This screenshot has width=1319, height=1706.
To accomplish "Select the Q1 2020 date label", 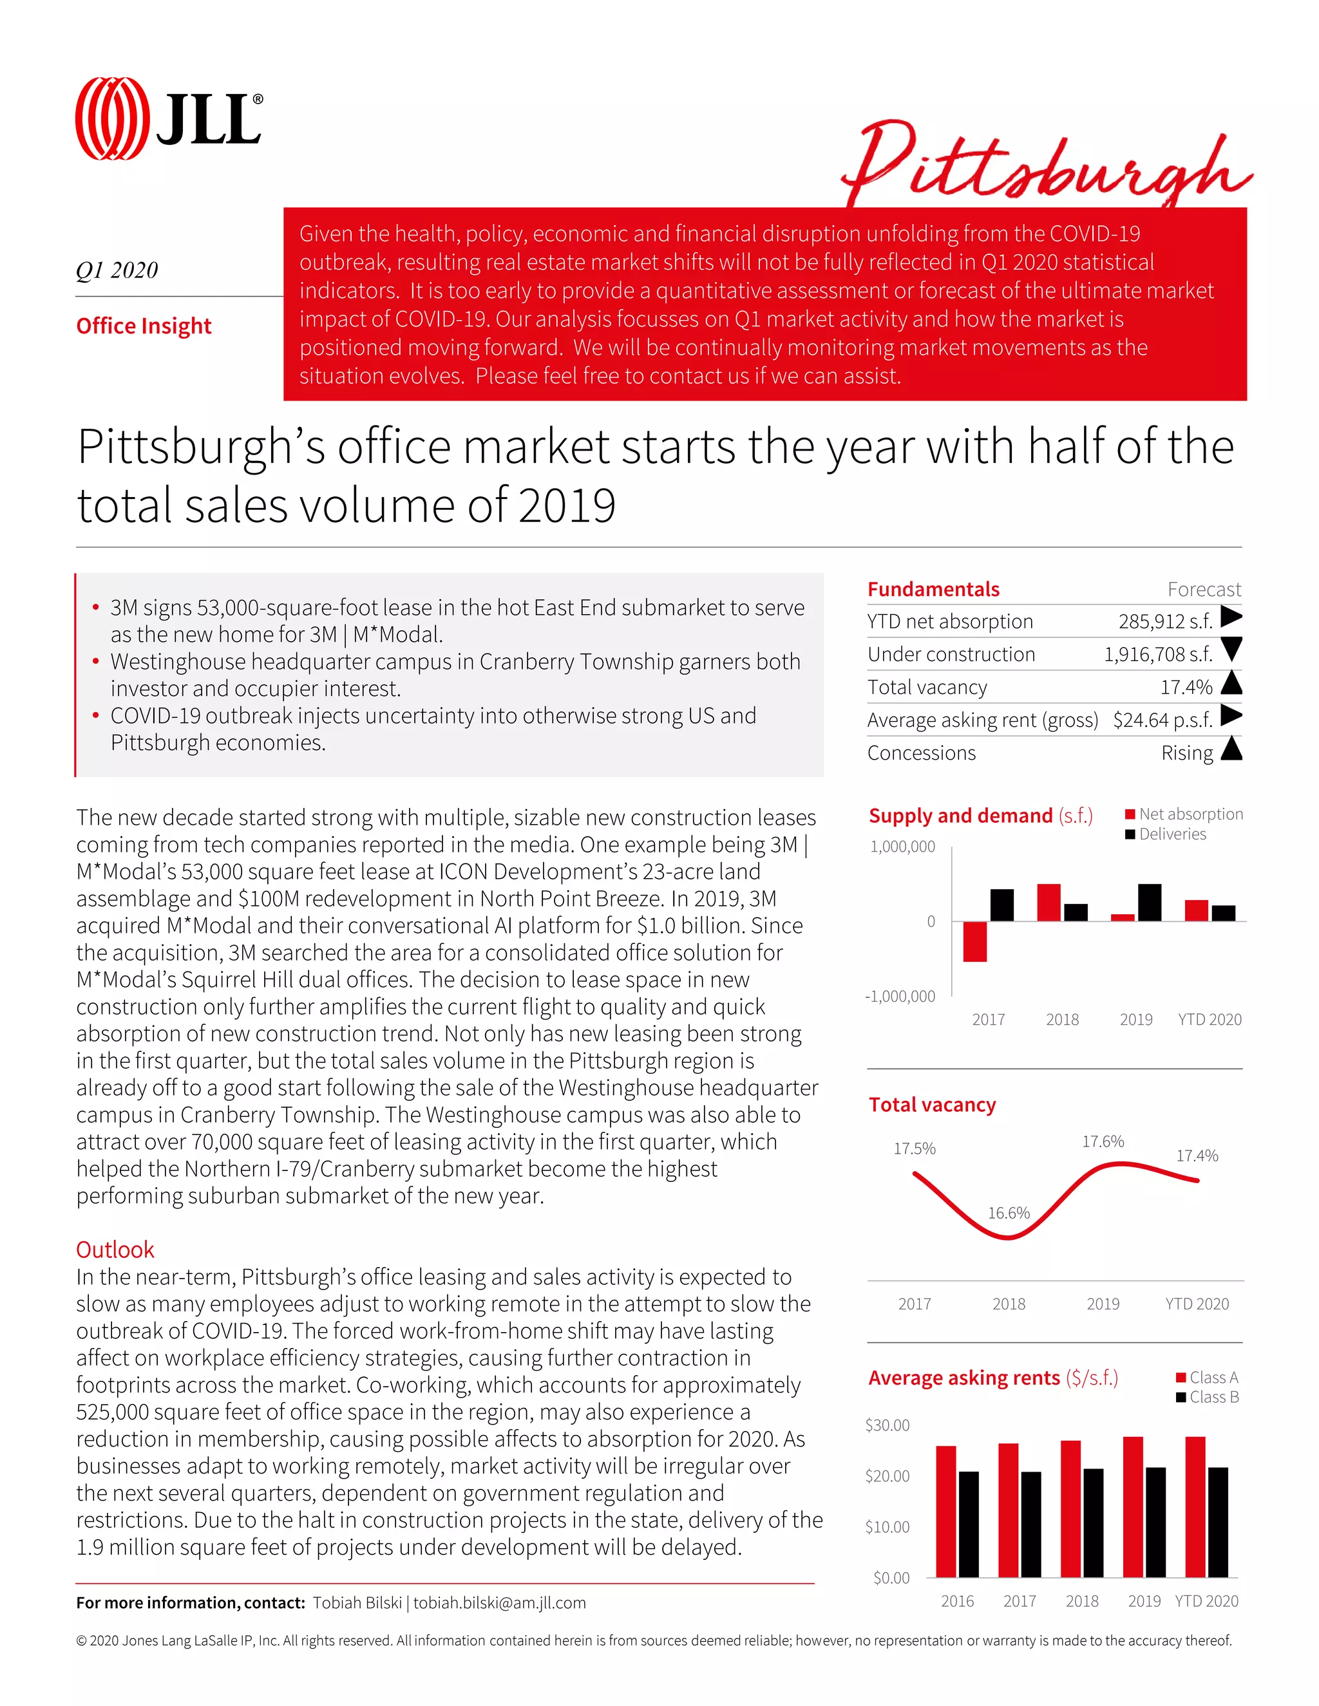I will click(x=117, y=270).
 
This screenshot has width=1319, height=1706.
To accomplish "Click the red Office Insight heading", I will click(x=144, y=326).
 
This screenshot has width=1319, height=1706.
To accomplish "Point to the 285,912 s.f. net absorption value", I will click(x=1165, y=622).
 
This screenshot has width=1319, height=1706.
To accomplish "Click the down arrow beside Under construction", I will click(x=1231, y=649).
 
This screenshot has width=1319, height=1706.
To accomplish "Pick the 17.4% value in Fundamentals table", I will click(x=1186, y=688).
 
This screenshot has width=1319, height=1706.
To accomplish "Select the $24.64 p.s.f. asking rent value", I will click(x=1162, y=720).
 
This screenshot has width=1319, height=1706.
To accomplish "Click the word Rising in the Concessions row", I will click(x=1187, y=753).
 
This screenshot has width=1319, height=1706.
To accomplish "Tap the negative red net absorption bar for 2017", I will click(x=974, y=941).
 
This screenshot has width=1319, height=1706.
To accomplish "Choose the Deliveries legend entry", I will click(x=1172, y=834).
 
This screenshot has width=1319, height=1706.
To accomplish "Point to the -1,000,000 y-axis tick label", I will click(x=900, y=996).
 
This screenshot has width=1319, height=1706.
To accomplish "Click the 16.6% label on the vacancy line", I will click(x=1009, y=1213).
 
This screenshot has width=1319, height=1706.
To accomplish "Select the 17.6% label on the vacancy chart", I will click(x=1103, y=1141).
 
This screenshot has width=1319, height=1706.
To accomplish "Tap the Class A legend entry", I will click(x=1213, y=1377).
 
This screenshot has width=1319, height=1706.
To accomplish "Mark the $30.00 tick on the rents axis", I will click(x=887, y=1425).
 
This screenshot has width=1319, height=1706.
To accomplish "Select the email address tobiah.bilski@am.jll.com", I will click(x=499, y=1603).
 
